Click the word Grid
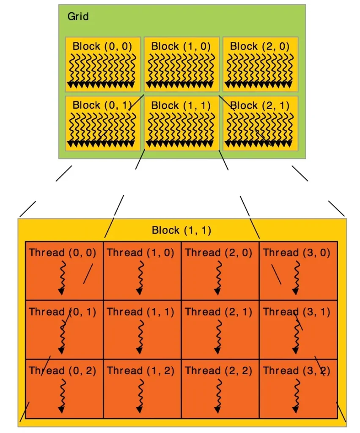pos(78,16)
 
